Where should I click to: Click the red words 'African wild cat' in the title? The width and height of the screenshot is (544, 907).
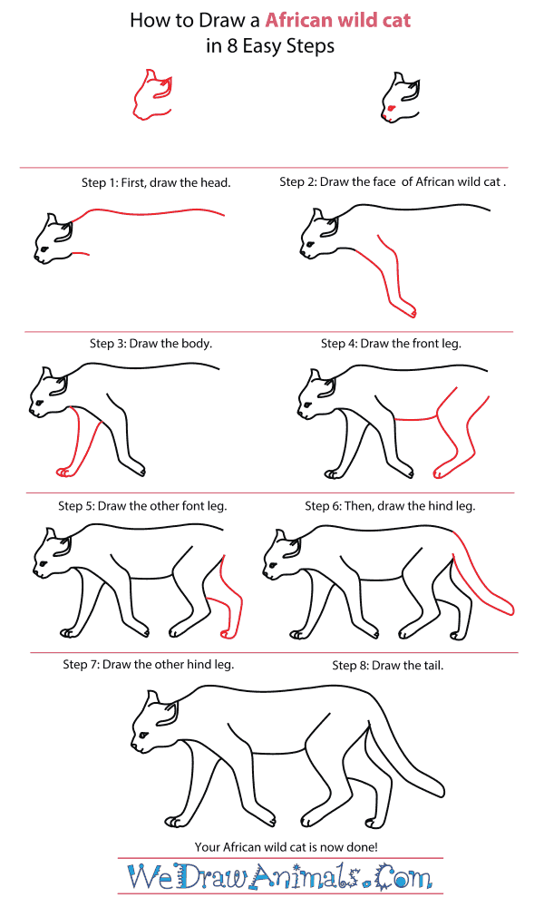pyautogui.click(x=337, y=20)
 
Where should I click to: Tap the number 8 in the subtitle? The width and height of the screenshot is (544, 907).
pyautogui.click(x=232, y=45)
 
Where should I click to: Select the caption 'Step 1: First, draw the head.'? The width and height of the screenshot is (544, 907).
pyautogui.click(x=156, y=183)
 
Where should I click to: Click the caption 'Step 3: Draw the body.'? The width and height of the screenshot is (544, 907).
pyautogui.click(x=151, y=344)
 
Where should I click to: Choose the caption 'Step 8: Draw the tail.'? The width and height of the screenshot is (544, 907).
pyautogui.click(x=388, y=666)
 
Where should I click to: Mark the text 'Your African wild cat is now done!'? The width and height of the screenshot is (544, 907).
pyautogui.click(x=287, y=847)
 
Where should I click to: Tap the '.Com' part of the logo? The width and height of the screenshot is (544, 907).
pyautogui.click(x=403, y=878)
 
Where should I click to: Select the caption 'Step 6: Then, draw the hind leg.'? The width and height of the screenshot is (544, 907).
pyautogui.click(x=390, y=506)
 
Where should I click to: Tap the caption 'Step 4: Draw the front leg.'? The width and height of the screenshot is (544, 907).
pyautogui.click(x=392, y=344)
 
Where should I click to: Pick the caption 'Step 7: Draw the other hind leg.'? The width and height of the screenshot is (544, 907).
pyautogui.click(x=149, y=665)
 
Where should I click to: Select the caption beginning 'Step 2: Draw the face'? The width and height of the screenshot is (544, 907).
pyautogui.click(x=393, y=182)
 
